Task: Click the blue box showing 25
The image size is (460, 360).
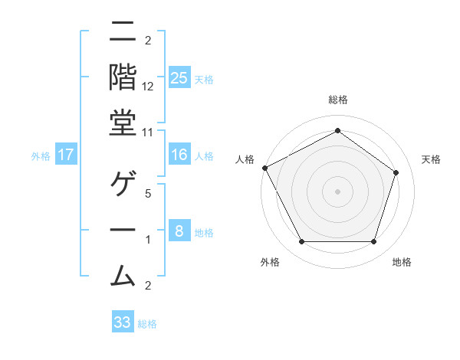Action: click(179, 77)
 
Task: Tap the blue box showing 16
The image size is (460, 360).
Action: click(179, 155)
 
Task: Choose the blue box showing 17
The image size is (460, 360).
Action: click(66, 155)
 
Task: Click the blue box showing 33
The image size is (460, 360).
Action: click(123, 322)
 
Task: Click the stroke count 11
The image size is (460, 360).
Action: click(148, 132)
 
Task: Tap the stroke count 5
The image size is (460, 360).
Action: click(148, 193)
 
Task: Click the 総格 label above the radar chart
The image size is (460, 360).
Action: click(337, 100)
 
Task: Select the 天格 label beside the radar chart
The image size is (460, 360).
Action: click(432, 159)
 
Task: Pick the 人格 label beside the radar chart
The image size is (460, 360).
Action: click(245, 159)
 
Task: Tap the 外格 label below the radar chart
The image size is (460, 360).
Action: click(270, 262)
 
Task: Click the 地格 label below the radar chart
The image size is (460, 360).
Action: click(402, 262)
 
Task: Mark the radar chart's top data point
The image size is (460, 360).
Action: click(337, 131)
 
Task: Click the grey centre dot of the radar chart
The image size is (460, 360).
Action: click(337, 191)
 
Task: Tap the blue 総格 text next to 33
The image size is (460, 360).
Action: click(147, 324)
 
